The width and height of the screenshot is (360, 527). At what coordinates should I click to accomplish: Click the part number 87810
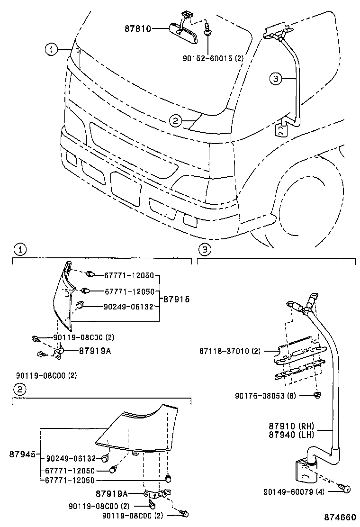click(x=138, y=28)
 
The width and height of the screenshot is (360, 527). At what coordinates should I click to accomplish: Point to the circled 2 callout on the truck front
click(x=175, y=121)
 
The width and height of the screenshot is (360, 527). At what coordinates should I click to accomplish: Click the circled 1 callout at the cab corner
click(x=52, y=48)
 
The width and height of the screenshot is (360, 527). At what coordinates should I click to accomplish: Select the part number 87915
click(x=176, y=300)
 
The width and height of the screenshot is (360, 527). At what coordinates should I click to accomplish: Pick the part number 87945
click(x=22, y=454)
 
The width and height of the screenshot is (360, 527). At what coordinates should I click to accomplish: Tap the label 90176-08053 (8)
click(x=265, y=395)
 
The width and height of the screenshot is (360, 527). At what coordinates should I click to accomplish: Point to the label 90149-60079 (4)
click(x=294, y=492)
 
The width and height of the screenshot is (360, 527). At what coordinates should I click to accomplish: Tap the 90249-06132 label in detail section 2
click(x=71, y=459)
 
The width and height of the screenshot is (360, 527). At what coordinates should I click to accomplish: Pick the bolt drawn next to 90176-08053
click(x=317, y=394)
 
